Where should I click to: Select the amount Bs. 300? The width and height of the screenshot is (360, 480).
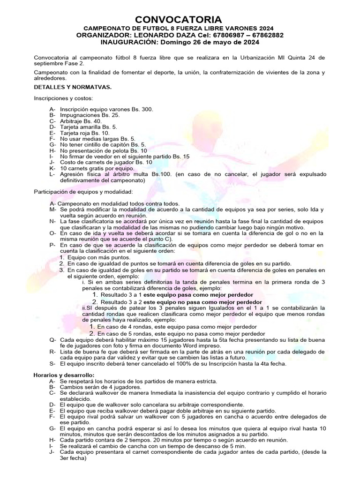pos(141,109)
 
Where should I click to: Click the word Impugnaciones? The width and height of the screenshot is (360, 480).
pos(79,115)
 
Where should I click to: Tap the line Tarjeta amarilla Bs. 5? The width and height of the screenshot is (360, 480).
pos(89,127)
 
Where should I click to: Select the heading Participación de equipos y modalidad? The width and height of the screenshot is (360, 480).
pos(84,192)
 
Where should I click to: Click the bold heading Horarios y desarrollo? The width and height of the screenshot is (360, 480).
pos(64,375)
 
